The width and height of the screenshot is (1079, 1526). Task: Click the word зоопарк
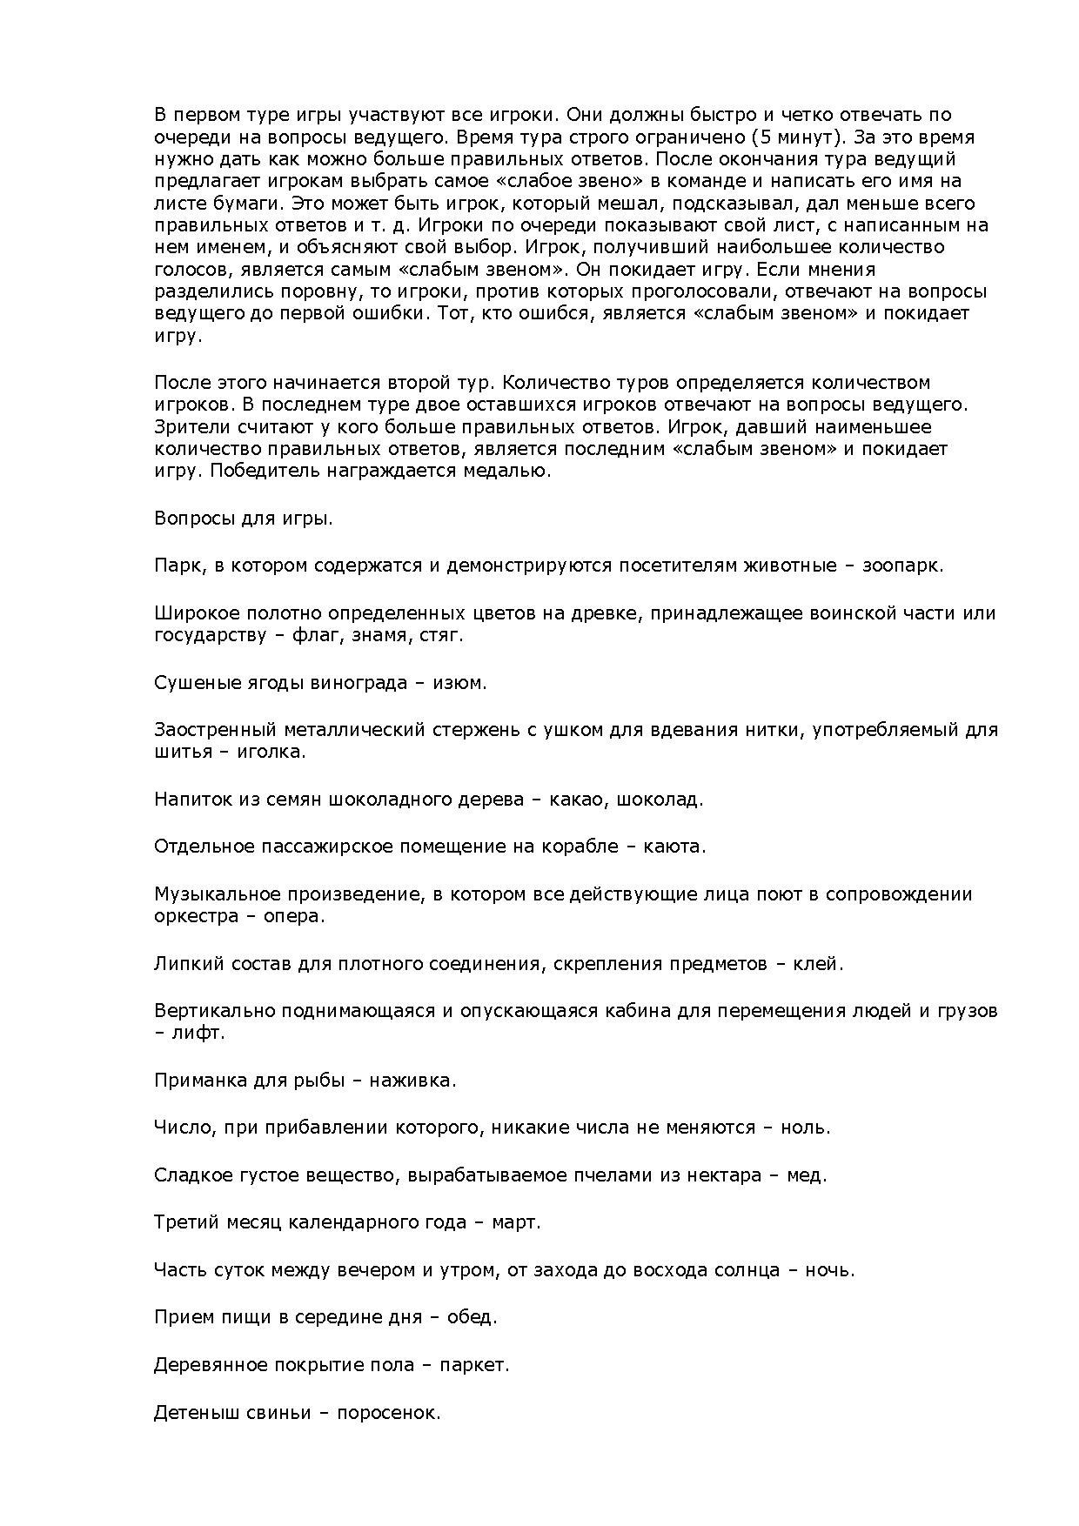(x=901, y=566)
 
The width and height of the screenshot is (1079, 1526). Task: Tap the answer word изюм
(x=458, y=683)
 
